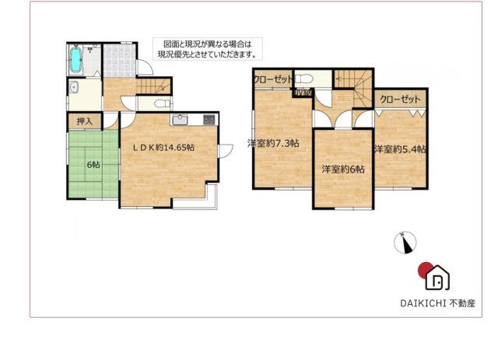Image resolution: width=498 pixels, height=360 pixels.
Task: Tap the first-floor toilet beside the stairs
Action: click(x=161, y=103)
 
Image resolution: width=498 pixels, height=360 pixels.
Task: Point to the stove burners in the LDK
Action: click(x=209, y=120)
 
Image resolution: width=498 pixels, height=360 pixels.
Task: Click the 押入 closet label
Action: click(x=84, y=121)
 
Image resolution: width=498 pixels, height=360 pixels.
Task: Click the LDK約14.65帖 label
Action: click(x=163, y=147)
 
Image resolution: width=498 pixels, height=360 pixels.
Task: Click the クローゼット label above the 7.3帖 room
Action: click(x=272, y=79)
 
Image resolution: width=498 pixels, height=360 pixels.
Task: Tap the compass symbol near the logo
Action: click(x=405, y=243)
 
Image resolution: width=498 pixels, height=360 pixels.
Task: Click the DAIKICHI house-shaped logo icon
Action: click(x=438, y=276)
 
